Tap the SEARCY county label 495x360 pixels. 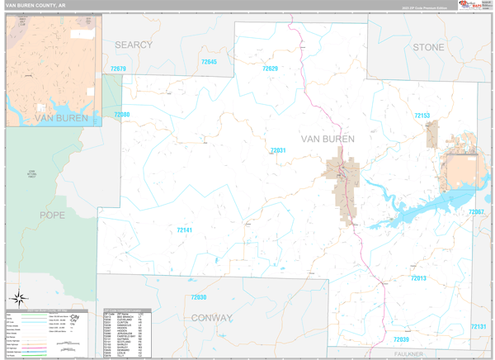pos(134,45)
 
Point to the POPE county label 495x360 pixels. pos(51,215)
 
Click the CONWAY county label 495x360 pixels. pos(212,317)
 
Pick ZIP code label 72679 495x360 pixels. pos(118,69)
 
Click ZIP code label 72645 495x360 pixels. pos(210,63)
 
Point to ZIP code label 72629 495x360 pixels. pos(270,69)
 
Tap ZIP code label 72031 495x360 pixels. pos(277,150)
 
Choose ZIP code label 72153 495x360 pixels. pos(422,116)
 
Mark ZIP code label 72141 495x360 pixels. pos(185,230)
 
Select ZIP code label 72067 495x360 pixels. pos(476,212)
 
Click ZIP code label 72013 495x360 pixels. pos(418,278)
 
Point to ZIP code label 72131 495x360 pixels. pos(478,327)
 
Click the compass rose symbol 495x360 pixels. pos(18,297)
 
